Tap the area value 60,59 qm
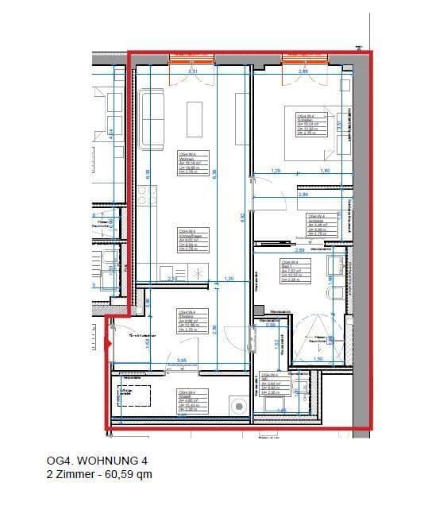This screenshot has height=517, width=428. tap(127, 475)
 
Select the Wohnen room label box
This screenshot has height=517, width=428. tap(189, 163)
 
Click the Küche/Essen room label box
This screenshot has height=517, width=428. tap(188, 240)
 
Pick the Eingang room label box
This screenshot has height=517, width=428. tap(190, 320)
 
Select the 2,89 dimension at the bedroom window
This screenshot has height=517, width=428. tap(303, 73)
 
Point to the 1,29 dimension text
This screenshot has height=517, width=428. tap(276, 172)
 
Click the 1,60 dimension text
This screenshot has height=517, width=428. tap(324, 172)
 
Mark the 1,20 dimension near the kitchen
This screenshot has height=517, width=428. tap(229, 279)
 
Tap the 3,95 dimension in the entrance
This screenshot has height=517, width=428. tap(182, 361)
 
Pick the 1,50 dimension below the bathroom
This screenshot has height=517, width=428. tap(317, 360)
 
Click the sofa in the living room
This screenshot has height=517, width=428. tap(151, 119)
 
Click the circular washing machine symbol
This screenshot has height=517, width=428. tap(237, 407)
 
